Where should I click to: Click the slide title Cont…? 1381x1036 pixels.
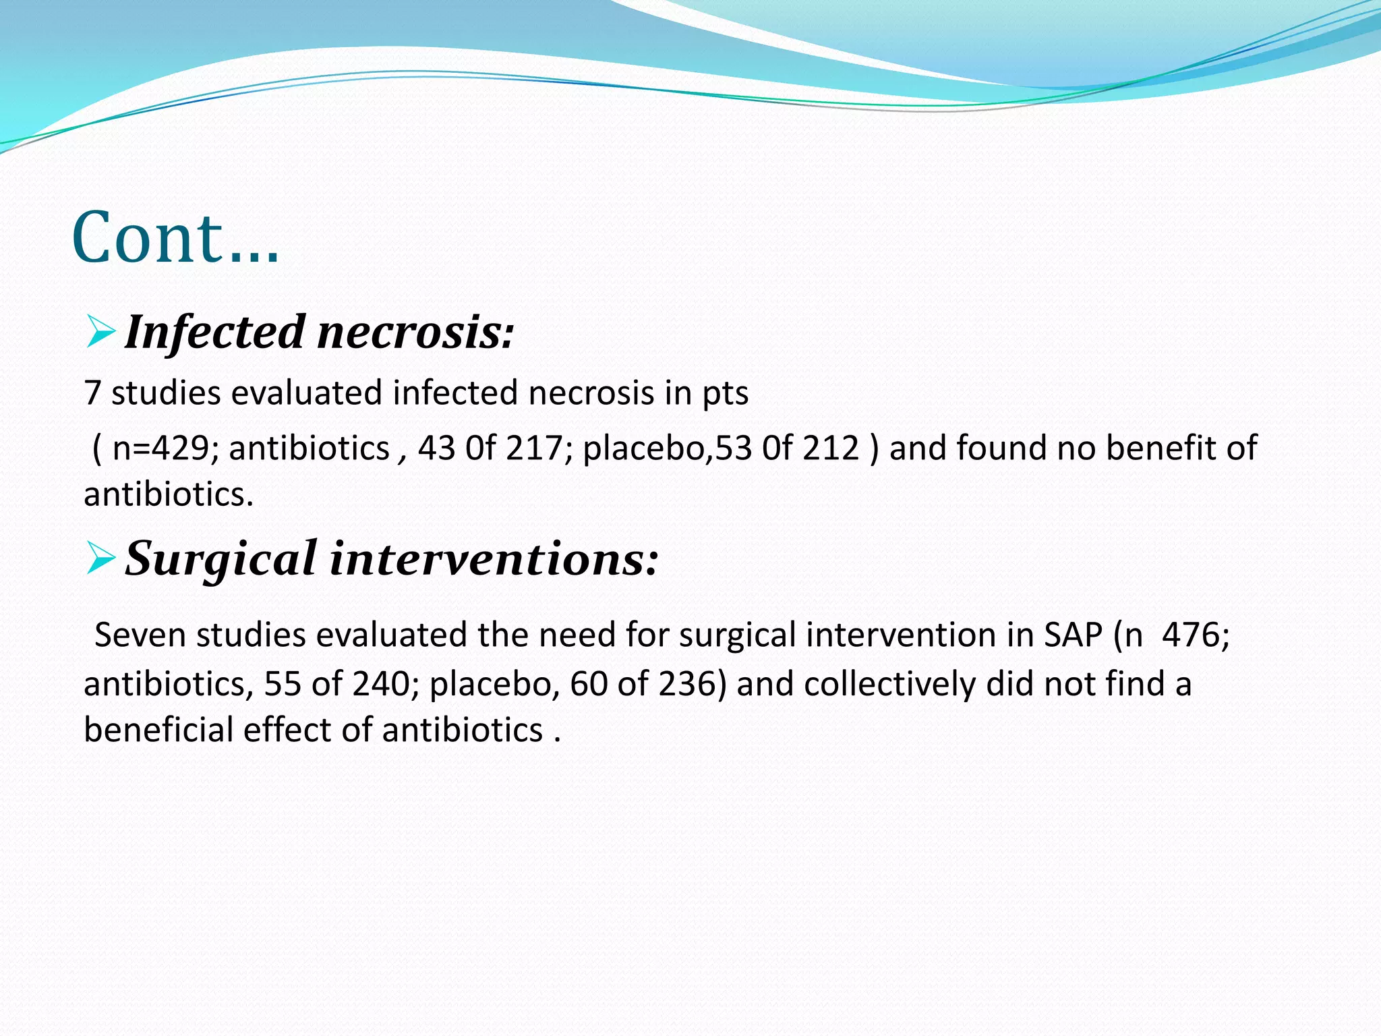pyautogui.click(x=175, y=237)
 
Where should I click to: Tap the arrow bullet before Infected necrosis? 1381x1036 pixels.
pyautogui.click(x=100, y=333)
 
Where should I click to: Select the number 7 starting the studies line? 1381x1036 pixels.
pyautogui.click(x=92, y=393)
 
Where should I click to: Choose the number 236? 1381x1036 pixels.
pyautogui.click(x=693, y=684)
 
